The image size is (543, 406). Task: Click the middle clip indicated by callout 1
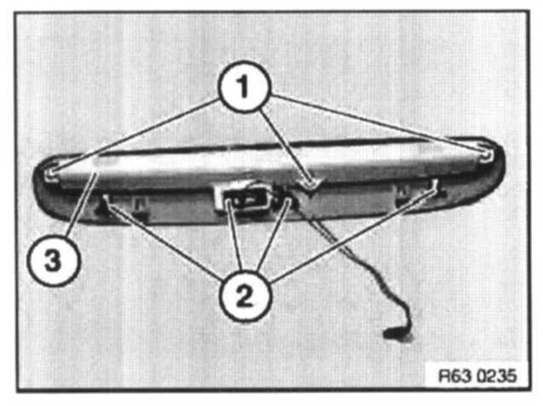[312, 180]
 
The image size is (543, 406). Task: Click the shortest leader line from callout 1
[286, 140]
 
